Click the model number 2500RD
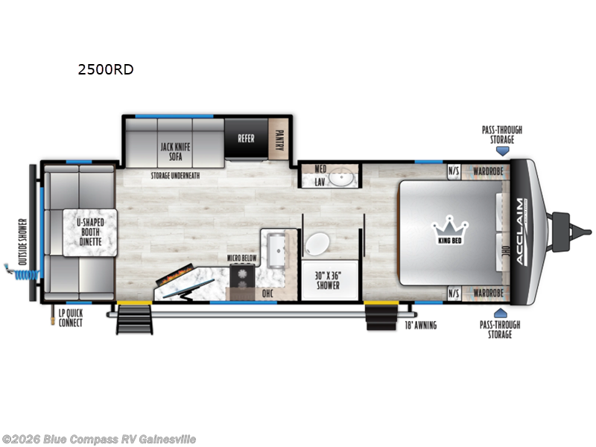click(x=105, y=71)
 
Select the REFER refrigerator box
click(x=246, y=138)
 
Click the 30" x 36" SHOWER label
click(x=328, y=280)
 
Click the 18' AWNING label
click(x=420, y=325)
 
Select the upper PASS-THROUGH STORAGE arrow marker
click(x=501, y=150)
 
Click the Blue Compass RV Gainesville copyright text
click(x=98, y=440)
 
